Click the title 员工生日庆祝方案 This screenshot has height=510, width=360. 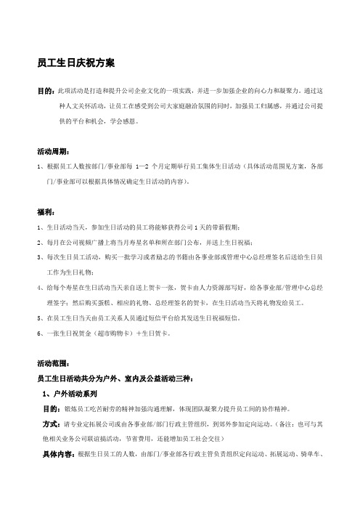pos(75,64)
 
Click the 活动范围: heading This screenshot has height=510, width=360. pos(52,363)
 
